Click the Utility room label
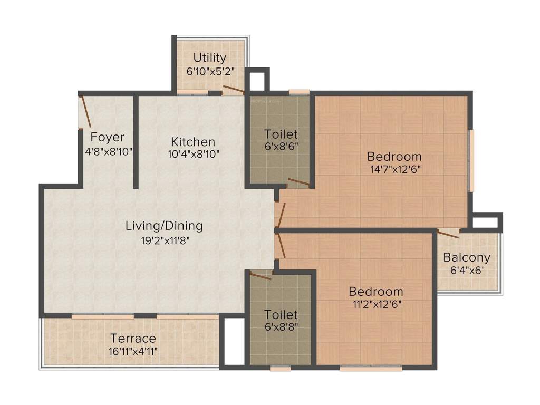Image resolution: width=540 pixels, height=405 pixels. click(209, 57)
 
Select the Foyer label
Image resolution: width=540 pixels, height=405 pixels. click(108, 138)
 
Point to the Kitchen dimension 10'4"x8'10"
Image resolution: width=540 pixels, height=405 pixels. click(193, 154)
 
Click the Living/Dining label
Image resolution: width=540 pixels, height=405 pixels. click(164, 226)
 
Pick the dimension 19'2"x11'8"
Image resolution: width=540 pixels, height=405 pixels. click(164, 240)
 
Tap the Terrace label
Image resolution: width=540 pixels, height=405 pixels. click(133, 338)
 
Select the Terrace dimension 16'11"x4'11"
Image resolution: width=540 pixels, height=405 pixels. click(133, 352)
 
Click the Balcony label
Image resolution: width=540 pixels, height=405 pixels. click(467, 258)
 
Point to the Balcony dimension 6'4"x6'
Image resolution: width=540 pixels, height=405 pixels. click(467, 271)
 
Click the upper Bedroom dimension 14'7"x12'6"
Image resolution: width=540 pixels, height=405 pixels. click(394, 170)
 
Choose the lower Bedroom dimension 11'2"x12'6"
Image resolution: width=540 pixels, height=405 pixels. click(376, 305)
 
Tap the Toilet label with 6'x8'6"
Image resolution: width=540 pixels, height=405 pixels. click(281, 134)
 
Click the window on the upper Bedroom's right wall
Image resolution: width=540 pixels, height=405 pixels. click(471, 160)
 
